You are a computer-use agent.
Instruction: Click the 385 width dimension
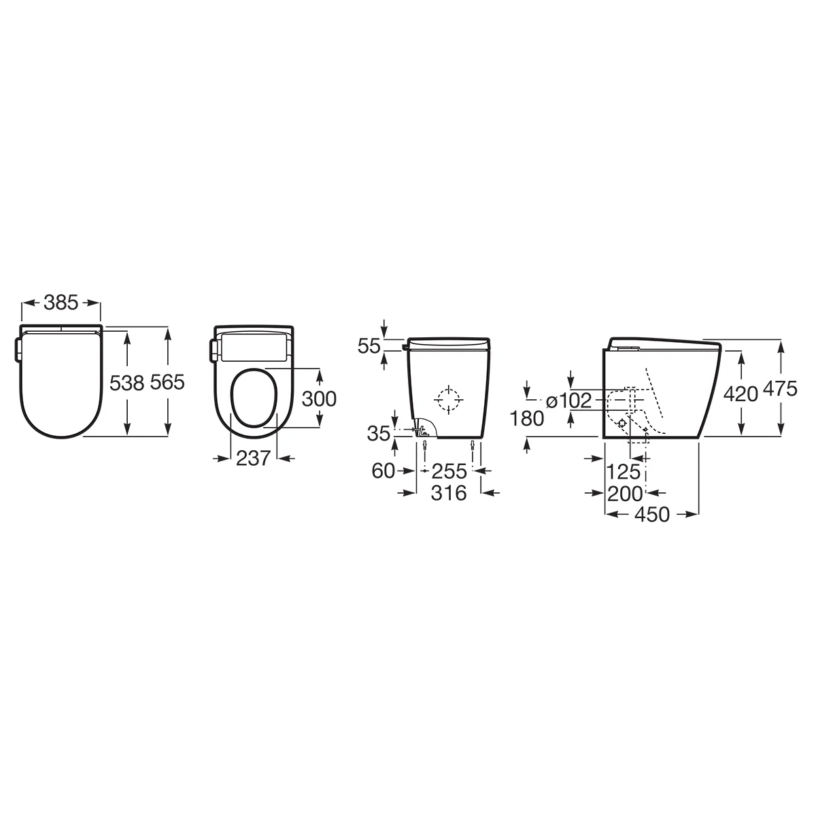pyautogui.click(x=61, y=303)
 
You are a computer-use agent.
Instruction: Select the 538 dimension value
pyautogui.click(x=127, y=384)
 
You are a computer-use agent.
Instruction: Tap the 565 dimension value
pyautogui.click(x=168, y=382)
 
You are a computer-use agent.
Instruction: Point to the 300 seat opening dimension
pyautogui.click(x=319, y=398)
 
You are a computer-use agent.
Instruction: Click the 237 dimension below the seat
pyautogui.click(x=253, y=458)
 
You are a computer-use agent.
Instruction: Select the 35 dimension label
pyautogui.click(x=378, y=433)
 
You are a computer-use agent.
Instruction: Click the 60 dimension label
pyautogui.click(x=383, y=471)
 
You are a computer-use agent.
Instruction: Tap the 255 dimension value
pyautogui.click(x=449, y=471)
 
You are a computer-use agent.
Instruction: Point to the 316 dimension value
pyautogui.click(x=449, y=493)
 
